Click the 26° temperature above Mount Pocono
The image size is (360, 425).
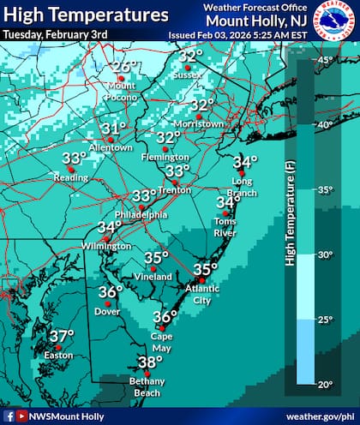[125, 67]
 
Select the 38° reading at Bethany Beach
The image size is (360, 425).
[149, 361]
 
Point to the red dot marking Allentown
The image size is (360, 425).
[111, 139]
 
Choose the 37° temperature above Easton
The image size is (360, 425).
[61, 336]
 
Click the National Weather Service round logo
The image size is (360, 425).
[334, 21]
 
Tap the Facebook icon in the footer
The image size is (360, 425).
[8, 416]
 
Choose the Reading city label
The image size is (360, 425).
[72, 177]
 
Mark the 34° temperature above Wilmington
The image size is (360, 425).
[109, 227]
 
